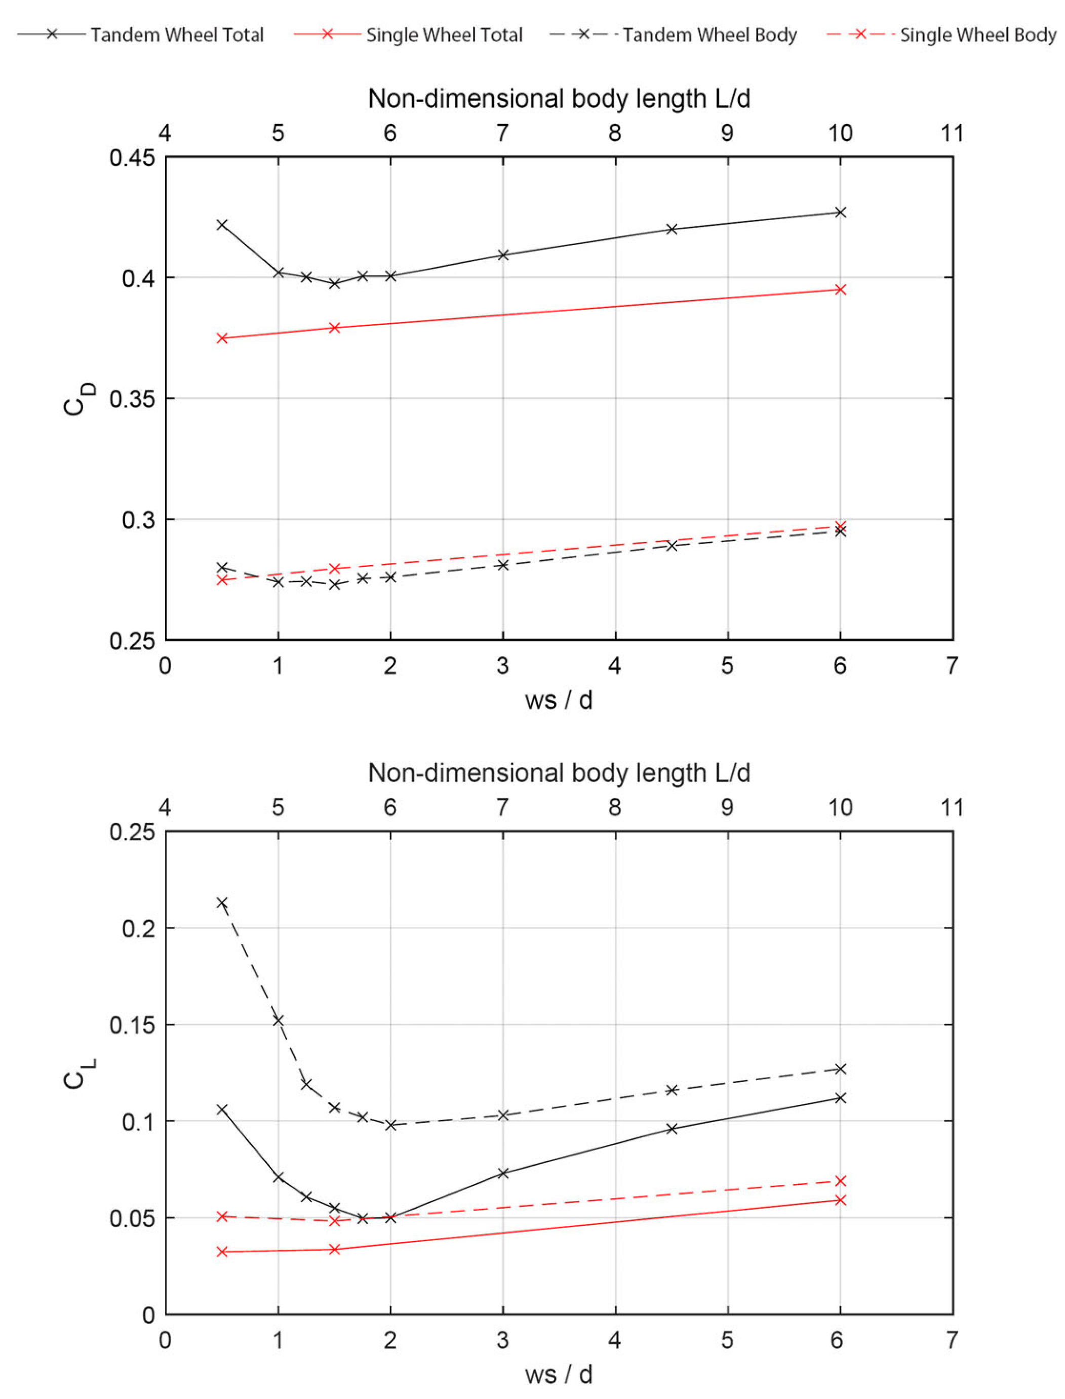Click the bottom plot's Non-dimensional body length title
[559, 773]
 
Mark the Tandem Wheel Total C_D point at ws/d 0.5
[222, 225]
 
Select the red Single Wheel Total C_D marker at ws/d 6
[840, 290]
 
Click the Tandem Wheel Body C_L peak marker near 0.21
[222, 903]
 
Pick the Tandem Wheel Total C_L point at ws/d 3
[503, 1173]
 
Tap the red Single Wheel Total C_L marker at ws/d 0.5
[222, 1252]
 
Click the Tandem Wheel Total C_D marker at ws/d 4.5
[672, 229]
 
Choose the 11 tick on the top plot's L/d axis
[952, 134]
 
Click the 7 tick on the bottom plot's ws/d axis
[952, 1341]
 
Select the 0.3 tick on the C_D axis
[137, 519]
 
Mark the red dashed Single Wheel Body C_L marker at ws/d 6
[840, 1181]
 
